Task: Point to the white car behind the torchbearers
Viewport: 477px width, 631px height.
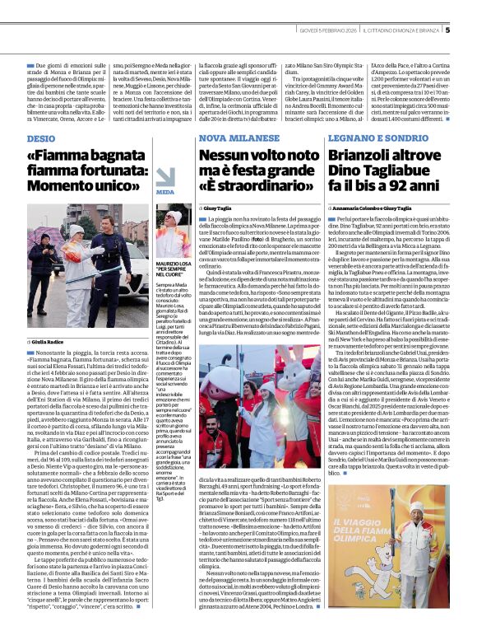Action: click(45, 256)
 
